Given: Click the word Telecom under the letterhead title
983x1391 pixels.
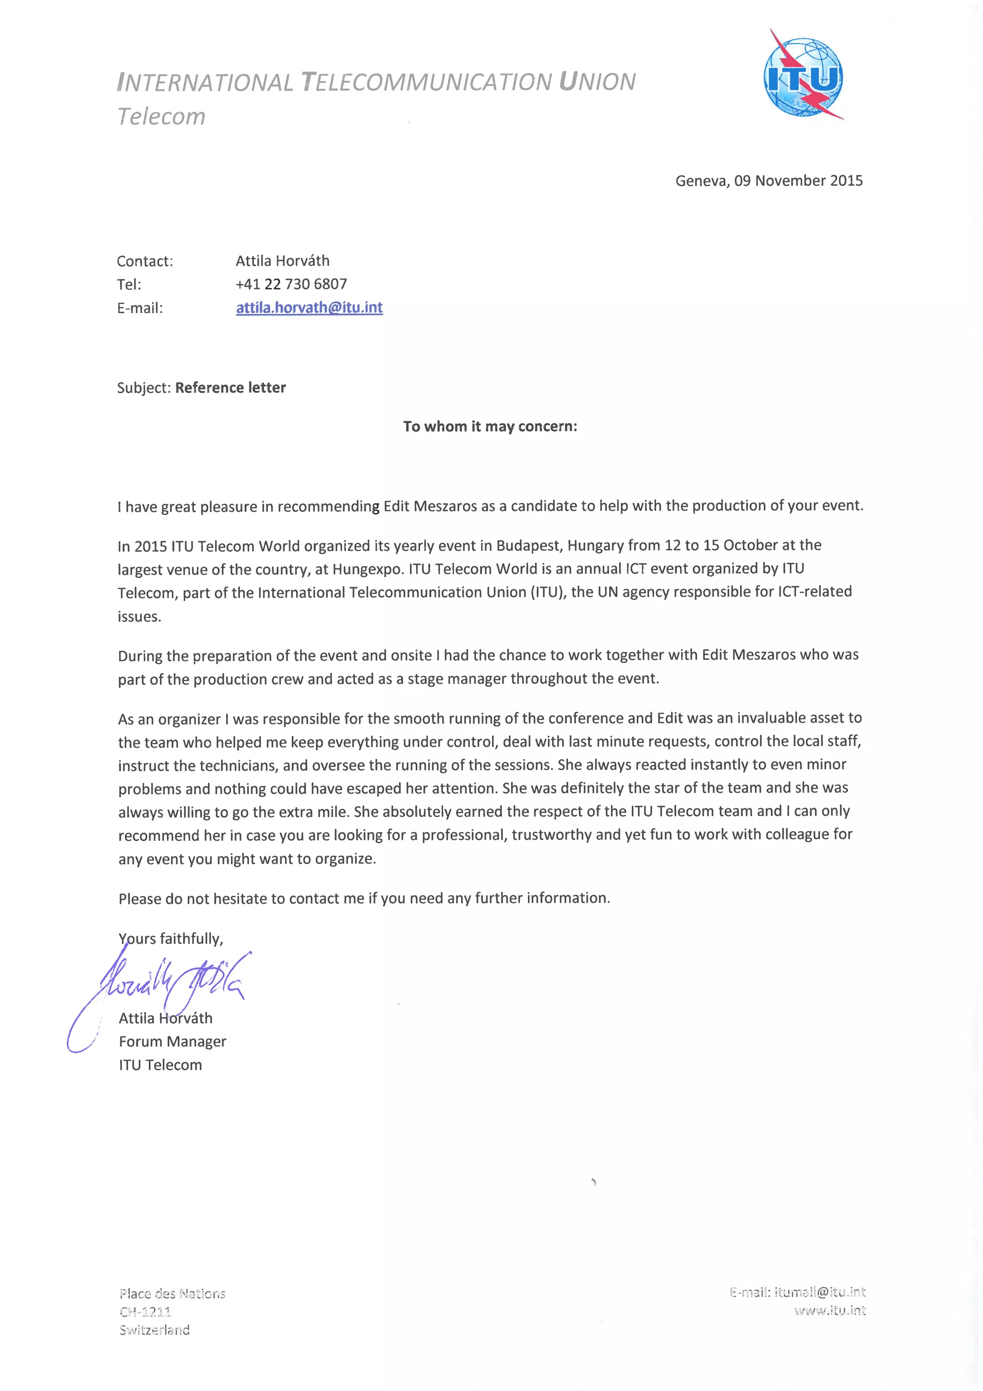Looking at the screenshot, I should (x=161, y=116).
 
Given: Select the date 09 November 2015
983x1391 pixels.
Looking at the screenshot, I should (x=798, y=181).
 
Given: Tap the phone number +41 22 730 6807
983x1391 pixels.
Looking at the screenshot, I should (x=291, y=284).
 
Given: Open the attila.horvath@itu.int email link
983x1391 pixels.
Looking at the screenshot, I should (x=309, y=308).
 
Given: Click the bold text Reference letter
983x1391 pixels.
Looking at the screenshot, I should (x=230, y=388).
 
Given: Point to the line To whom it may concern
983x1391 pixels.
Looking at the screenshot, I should (x=490, y=426).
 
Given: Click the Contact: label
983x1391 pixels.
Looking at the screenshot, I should (x=145, y=261).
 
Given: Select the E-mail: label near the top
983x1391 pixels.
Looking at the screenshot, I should (x=140, y=308).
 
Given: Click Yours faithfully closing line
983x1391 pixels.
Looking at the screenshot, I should (x=171, y=938).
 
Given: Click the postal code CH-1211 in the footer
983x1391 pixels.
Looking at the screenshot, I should (x=145, y=1312).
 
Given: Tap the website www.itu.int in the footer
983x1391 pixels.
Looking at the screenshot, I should (x=830, y=1311).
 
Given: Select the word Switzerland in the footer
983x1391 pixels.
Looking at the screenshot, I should (x=155, y=1330).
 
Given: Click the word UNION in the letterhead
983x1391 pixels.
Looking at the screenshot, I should (x=597, y=82).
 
